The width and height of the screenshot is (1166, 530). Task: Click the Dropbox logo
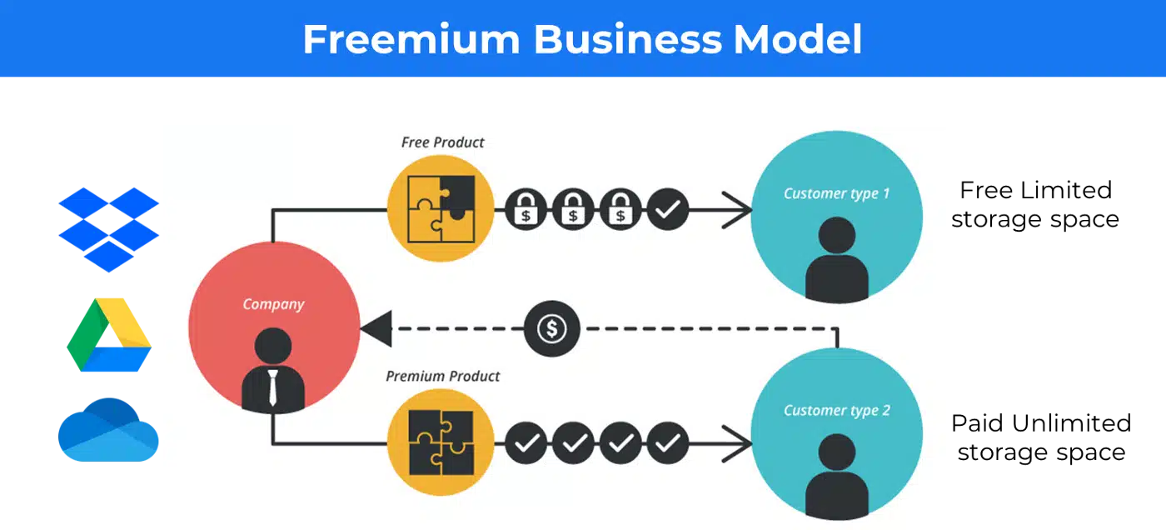[x=109, y=230]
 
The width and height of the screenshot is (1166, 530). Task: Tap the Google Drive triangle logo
[x=109, y=335]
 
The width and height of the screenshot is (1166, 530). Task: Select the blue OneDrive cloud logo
[x=108, y=430]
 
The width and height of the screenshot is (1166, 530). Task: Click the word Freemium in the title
[x=411, y=39]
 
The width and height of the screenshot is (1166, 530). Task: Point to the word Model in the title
[x=798, y=39]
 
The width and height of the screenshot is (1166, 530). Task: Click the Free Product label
[x=442, y=142]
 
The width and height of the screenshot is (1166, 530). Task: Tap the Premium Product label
[x=442, y=376]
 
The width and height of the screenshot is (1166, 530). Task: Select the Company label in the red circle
[x=273, y=304]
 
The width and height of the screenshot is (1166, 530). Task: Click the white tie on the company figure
[x=273, y=387]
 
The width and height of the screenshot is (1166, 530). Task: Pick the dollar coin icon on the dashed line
[x=551, y=328]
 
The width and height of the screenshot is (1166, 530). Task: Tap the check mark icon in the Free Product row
[x=668, y=209]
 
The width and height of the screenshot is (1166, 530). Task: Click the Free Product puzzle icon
[x=441, y=209]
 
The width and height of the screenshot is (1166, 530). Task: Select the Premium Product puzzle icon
[x=441, y=442]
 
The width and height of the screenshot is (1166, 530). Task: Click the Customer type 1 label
[x=836, y=193]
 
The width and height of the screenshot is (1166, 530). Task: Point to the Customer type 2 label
[x=836, y=410]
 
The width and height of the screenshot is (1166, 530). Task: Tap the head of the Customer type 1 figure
[x=836, y=235]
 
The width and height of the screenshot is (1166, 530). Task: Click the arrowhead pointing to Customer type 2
[x=737, y=443]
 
